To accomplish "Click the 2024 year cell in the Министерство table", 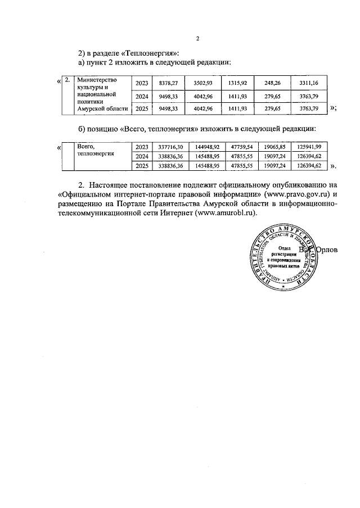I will [x=142, y=96].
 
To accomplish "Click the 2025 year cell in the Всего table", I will [x=142, y=166].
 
